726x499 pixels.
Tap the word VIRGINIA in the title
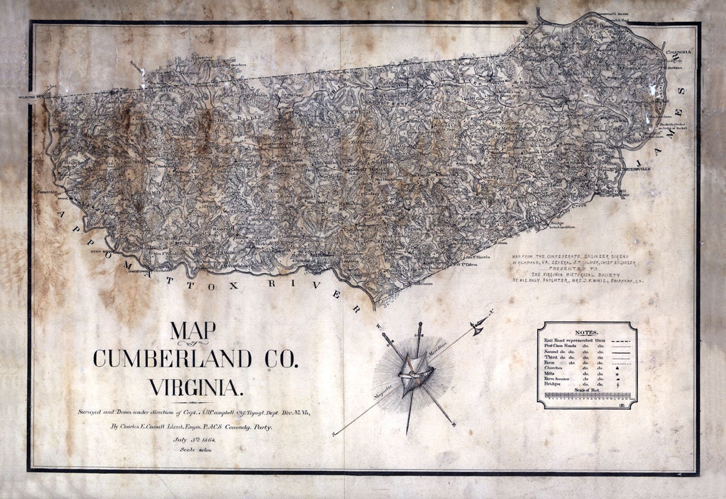(195, 388)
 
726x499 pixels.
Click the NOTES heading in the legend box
(586, 333)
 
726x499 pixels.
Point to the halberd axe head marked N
(479, 325)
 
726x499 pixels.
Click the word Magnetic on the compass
(384, 394)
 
